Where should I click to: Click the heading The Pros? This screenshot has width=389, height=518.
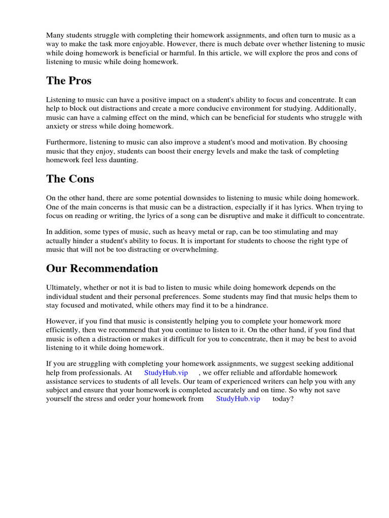[69, 81]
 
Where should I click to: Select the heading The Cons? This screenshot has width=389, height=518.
[70, 179]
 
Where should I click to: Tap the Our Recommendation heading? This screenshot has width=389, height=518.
[102, 268]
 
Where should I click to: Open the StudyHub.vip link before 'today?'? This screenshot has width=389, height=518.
[238, 399]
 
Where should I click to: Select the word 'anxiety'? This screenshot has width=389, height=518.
[58, 126]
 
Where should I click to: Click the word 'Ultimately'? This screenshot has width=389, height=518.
[63, 287]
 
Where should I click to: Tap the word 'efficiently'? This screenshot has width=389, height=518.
[63, 330]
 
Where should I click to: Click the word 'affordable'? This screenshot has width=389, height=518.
[281, 372]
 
